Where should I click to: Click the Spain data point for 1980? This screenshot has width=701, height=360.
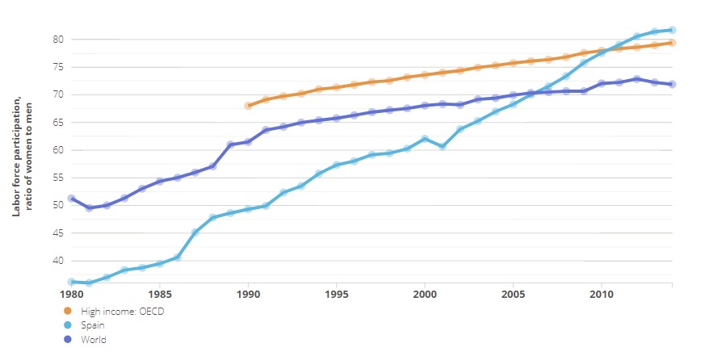click(72, 282)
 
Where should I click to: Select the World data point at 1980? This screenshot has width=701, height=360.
click(72, 199)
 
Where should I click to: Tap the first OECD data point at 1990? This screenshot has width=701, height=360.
click(248, 106)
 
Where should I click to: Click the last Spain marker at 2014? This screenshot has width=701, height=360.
click(673, 31)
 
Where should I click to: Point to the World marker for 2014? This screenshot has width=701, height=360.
click(673, 85)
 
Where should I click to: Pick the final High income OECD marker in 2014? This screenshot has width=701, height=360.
click(673, 43)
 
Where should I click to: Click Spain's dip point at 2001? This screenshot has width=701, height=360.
click(443, 146)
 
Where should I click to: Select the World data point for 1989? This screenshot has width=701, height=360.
click(230, 144)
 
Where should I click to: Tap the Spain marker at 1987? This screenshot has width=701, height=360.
click(195, 232)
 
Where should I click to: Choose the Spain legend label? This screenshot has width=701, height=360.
click(96, 324)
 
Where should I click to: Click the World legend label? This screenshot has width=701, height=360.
click(95, 340)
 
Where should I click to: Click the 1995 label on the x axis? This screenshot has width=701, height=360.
click(337, 294)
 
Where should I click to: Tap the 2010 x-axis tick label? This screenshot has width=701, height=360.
click(602, 294)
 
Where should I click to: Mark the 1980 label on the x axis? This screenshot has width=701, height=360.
click(72, 294)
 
